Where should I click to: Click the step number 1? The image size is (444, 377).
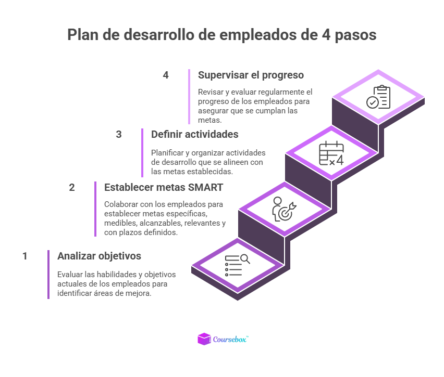24,256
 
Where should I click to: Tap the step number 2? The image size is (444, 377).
72,187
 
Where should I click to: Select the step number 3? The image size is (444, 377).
119,134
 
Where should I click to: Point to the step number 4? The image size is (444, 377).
166,75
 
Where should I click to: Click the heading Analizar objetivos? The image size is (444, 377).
99,256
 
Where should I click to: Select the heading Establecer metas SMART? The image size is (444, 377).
164,187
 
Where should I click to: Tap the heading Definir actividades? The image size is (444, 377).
194,134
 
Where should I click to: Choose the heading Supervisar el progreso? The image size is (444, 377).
251,75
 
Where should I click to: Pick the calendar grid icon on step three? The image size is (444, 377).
331,153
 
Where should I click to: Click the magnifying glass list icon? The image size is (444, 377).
237,265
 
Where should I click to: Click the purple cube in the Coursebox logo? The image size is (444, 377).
204,339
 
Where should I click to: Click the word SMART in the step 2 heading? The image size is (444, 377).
206,187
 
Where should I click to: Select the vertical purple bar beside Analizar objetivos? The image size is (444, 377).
48,275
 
